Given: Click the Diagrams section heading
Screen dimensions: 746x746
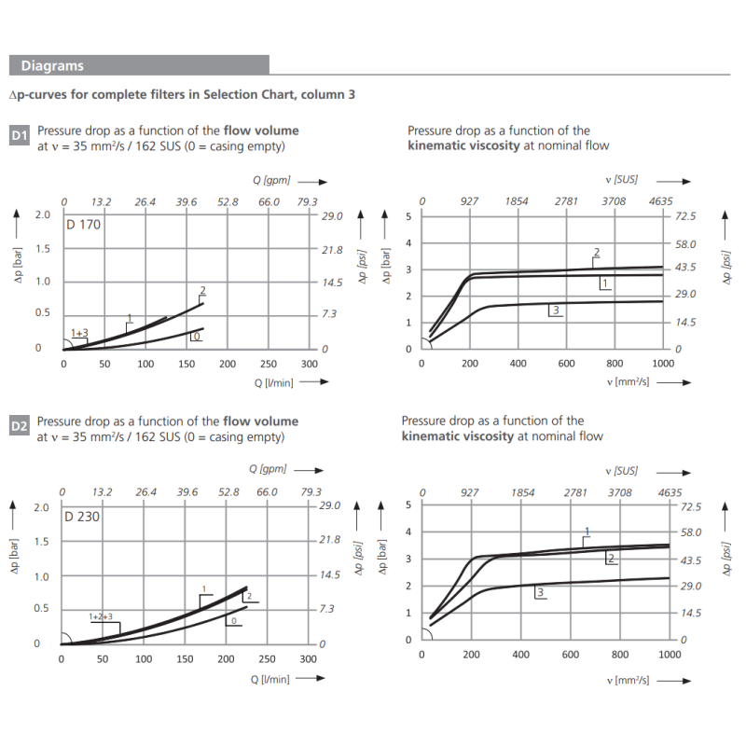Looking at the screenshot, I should (52, 65).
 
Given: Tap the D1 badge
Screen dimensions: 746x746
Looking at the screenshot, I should (20, 136).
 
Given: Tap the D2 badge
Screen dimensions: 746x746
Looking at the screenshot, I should (20, 427).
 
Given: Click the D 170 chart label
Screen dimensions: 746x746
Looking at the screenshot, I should (83, 224).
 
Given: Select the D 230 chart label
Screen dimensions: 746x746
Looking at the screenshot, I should (83, 516).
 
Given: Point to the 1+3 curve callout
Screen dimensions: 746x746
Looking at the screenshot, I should (79, 333).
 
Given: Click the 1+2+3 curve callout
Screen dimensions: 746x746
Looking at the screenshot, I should (101, 616).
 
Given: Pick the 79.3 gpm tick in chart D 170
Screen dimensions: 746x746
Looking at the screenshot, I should (307, 201).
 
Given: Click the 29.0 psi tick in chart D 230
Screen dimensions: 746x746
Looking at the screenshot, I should (331, 505).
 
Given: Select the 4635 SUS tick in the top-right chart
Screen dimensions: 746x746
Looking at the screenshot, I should (660, 200).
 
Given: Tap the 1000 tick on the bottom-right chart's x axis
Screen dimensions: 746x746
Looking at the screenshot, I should (670, 655).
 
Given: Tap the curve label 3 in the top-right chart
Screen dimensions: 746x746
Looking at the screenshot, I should (555, 310).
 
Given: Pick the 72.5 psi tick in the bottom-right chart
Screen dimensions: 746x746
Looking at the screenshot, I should (691, 507).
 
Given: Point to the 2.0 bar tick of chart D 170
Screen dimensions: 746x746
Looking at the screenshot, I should (42, 215).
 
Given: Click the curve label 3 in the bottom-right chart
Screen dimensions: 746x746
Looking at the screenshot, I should (540, 591).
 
